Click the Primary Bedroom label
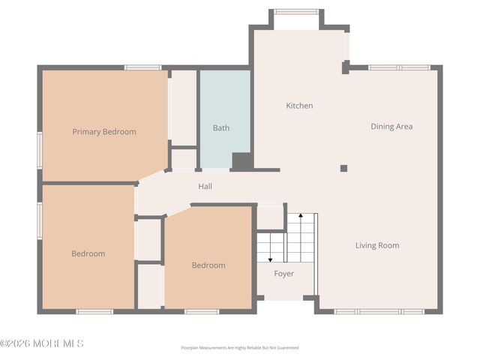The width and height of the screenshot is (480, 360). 104,132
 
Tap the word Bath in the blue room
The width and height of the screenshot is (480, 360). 220,128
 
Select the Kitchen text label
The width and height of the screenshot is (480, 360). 299,106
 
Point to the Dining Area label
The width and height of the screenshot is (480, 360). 391,127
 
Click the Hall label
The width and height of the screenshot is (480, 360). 205,187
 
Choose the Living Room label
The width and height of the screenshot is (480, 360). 376,245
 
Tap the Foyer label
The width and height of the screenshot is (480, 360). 283,274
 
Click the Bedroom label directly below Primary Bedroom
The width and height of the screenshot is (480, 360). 88,253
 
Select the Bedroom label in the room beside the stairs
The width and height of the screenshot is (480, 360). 208,265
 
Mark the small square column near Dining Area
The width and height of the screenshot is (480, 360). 343,168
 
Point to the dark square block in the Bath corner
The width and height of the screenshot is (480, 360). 241,160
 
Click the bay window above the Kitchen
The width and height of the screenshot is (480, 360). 296,12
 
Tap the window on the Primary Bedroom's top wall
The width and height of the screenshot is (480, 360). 142,67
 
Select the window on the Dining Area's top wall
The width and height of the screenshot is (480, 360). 399,67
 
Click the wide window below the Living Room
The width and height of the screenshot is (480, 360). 379,311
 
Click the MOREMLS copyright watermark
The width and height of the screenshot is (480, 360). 42,343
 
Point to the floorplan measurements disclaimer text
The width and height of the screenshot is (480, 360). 240,348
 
